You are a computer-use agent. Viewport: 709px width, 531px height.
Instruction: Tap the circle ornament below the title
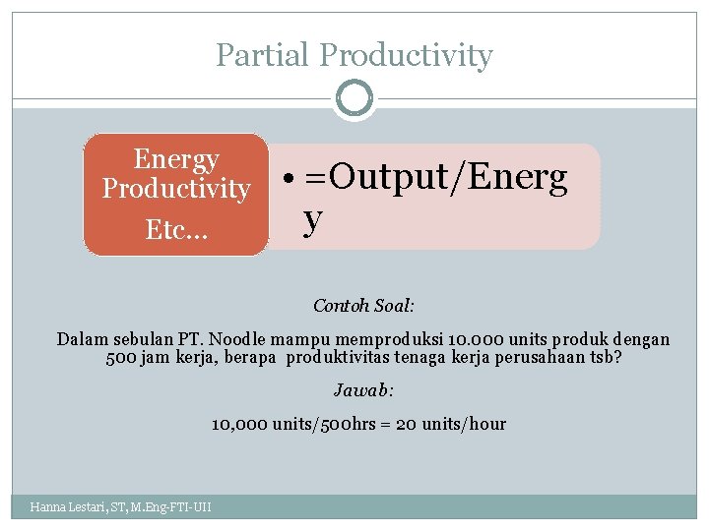click(x=354, y=98)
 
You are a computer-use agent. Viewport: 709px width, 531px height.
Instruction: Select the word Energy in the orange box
click(x=176, y=159)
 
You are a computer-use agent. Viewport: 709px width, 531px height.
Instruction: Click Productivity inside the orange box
click(x=176, y=188)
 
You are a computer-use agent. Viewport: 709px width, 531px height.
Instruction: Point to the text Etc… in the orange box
click(x=176, y=230)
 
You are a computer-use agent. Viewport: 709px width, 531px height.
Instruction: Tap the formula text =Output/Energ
click(x=435, y=178)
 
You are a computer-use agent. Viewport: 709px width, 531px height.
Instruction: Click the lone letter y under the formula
click(x=312, y=219)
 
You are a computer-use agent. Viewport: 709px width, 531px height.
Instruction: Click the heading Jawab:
click(x=363, y=390)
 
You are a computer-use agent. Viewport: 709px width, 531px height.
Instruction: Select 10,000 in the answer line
click(x=235, y=424)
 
